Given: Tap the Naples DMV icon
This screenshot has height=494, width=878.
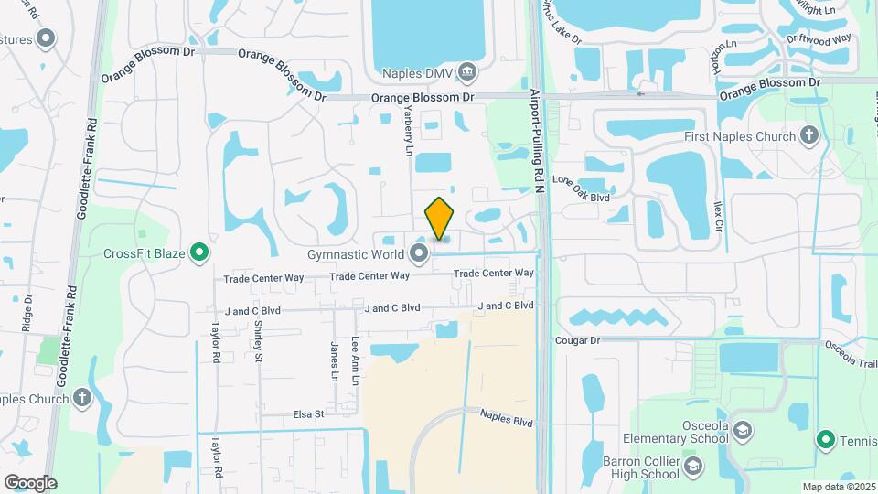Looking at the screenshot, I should [x=467, y=70].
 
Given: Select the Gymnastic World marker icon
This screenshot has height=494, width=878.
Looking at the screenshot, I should [x=420, y=253].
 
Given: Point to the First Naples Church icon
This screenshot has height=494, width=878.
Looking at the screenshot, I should [x=808, y=137].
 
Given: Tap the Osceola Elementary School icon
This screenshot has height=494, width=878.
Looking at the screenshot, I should [x=744, y=430].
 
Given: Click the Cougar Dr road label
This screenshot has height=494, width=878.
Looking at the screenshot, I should [x=576, y=340].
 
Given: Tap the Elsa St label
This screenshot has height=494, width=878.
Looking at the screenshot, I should [x=308, y=413].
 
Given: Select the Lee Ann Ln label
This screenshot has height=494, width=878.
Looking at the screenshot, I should [x=355, y=352].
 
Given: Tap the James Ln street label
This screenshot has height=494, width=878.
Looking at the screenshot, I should [x=334, y=361].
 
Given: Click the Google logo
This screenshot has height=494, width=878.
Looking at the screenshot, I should [x=30, y=482].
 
